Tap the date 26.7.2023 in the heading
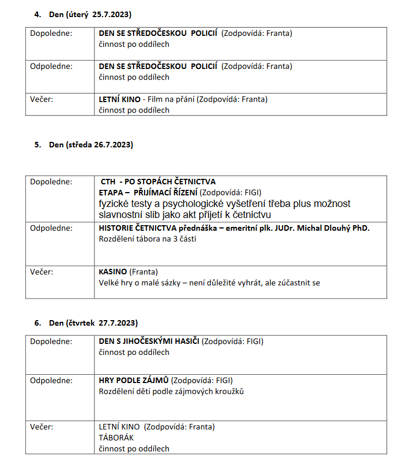pos(114,145)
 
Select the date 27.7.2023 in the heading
pos(118,323)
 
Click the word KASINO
pos(113,272)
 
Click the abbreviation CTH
pos(108,182)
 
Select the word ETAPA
pos(110,193)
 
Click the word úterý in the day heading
pos(77,13)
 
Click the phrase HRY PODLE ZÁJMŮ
pos(134,380)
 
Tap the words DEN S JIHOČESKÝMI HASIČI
pos(149,342)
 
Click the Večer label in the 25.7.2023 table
pos(41,99)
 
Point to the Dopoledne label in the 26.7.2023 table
pos(51,182)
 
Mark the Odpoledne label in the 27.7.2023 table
pos(51,380)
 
